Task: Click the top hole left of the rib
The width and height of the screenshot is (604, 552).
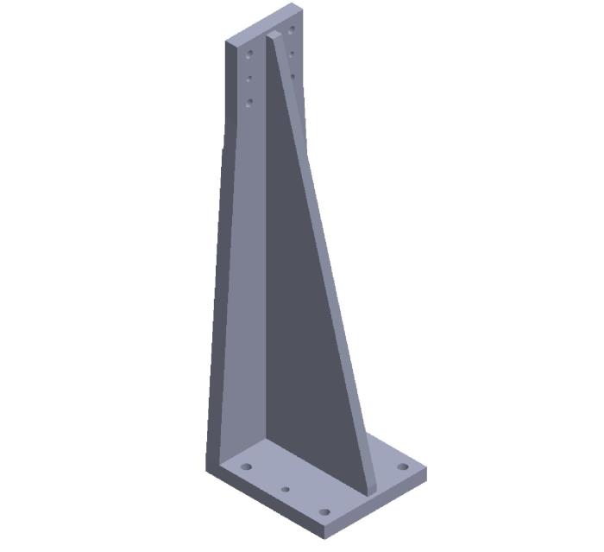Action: pos(250,54)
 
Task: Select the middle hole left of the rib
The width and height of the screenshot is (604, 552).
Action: pos(249,79)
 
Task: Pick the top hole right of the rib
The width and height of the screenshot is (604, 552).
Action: pos(293,29)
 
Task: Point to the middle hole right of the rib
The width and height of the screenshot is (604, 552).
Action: pos(293,54)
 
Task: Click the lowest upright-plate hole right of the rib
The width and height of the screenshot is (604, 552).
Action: pos(293,77)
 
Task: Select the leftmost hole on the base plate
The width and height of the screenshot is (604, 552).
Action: pos(246,466)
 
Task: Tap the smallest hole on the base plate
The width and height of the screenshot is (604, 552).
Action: pos(286,489)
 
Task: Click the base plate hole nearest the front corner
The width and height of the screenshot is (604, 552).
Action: pos(324,511)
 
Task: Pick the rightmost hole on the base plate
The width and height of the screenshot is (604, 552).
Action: pos(402,467)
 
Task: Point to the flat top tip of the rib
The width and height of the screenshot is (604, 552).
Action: pos(274,35)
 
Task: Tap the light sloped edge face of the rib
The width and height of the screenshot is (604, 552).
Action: pos(332,259)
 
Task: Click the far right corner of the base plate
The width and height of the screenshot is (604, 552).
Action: pos(426,473)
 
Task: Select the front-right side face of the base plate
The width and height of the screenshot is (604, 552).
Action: pos(380,505)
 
